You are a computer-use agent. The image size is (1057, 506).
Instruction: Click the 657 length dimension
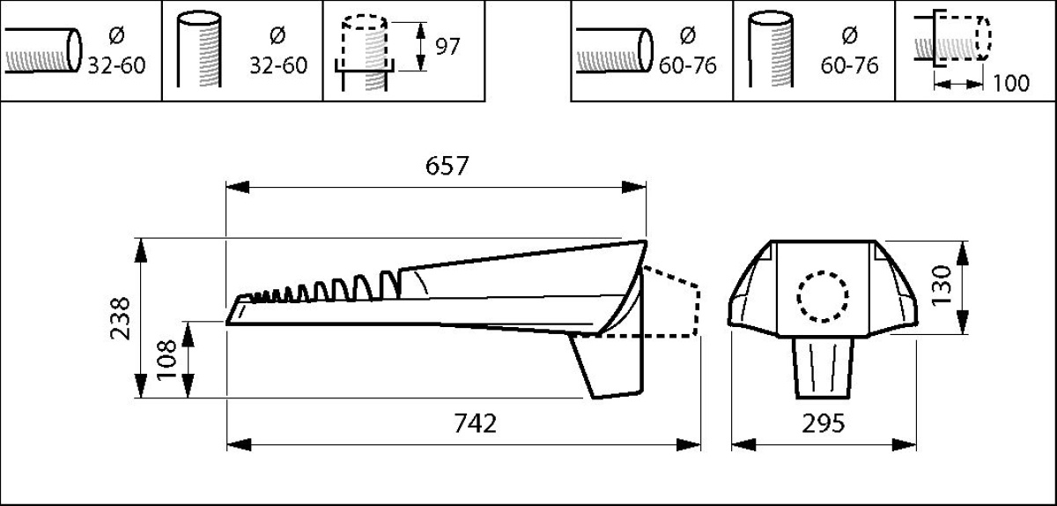point(447,166)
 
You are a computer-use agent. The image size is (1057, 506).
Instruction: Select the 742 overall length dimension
point(475,423)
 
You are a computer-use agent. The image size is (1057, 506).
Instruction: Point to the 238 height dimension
point(120,318)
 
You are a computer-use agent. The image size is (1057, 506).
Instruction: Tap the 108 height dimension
point(166,360)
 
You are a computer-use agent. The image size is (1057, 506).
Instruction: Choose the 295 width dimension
point(824,423)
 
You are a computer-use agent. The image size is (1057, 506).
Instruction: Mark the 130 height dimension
point(942,286)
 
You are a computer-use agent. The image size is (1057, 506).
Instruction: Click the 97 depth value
point(447,47)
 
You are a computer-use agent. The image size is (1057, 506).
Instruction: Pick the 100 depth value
point(1011,83)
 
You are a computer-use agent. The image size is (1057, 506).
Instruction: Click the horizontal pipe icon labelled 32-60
point(43,50)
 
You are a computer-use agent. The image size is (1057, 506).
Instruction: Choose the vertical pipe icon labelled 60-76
point(771,49)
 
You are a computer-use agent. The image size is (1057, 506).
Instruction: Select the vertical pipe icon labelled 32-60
point(199,49)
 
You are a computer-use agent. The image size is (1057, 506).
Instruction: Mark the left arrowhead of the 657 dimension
point(237,187)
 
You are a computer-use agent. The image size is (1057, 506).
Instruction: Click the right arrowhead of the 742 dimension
point(689,444)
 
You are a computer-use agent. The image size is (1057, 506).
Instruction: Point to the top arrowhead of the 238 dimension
point(141,250)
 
